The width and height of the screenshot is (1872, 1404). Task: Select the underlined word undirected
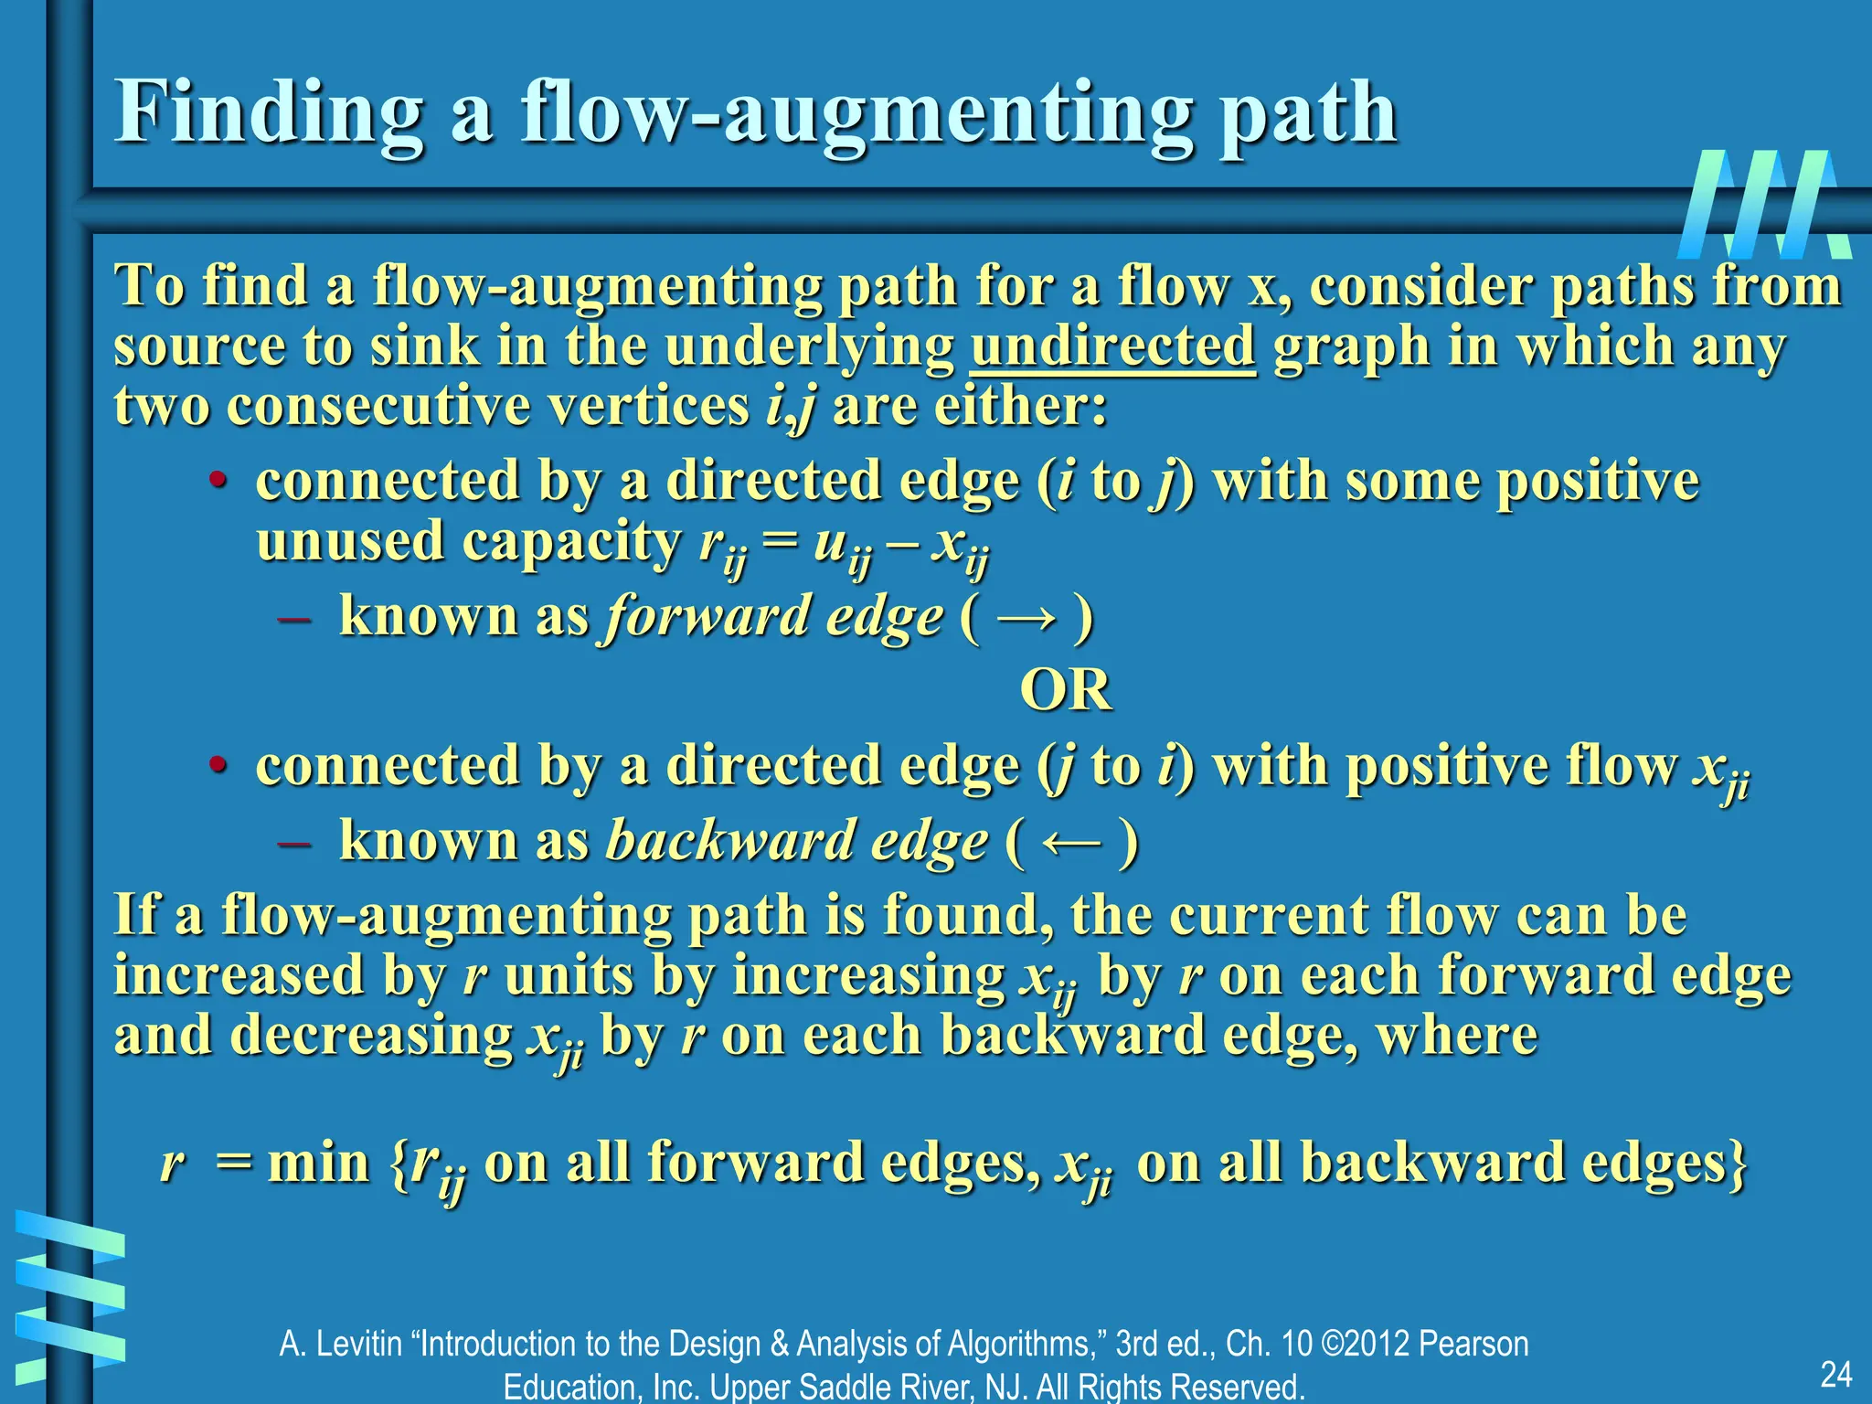pyautogui.click(x=1112, y=346)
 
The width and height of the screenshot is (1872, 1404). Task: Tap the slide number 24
pyautogui.click(x=1835, y=1374)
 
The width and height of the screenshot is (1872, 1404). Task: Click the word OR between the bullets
pyautogui.click(x=1065, y=689)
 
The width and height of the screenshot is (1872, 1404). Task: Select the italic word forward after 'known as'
pyautogui.click(x=707, y=616)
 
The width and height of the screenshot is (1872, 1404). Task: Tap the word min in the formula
pyautogui.click(x=319, y=1163)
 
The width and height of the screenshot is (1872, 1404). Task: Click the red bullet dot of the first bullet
pyautogui.click(x=217, y=481)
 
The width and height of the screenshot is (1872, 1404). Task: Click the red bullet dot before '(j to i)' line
pyautogui.click(x=217, y=764)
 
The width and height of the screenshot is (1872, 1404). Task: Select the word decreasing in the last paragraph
pyautogui.click(x=370, y=1036)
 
